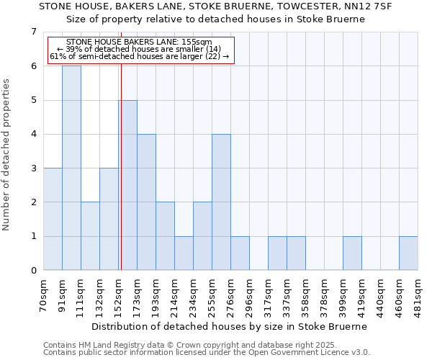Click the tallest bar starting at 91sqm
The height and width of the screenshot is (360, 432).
[x=71, y=168]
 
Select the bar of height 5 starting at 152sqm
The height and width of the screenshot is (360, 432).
[x=128, y=185]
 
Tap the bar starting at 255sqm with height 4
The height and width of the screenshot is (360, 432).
[x=221, y=202]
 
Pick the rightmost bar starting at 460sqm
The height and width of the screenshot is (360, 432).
[x=408, y=253]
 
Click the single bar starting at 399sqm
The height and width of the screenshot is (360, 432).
[x=352, y=253]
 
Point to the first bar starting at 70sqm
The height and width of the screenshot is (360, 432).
[x=53, y=219]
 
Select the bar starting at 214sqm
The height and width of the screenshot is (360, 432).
[x=184, y=253]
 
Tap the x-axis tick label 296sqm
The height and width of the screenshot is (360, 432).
[x=249, y=294]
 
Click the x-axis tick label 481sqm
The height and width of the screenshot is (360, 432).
[x=418, y=294]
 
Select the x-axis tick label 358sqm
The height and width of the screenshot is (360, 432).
[x=305, y=294]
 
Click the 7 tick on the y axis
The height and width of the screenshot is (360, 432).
[x=33, y=32]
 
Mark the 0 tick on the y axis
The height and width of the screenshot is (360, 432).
[x=33, y=271]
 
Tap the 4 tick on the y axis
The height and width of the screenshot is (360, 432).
[x=33, y=134]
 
